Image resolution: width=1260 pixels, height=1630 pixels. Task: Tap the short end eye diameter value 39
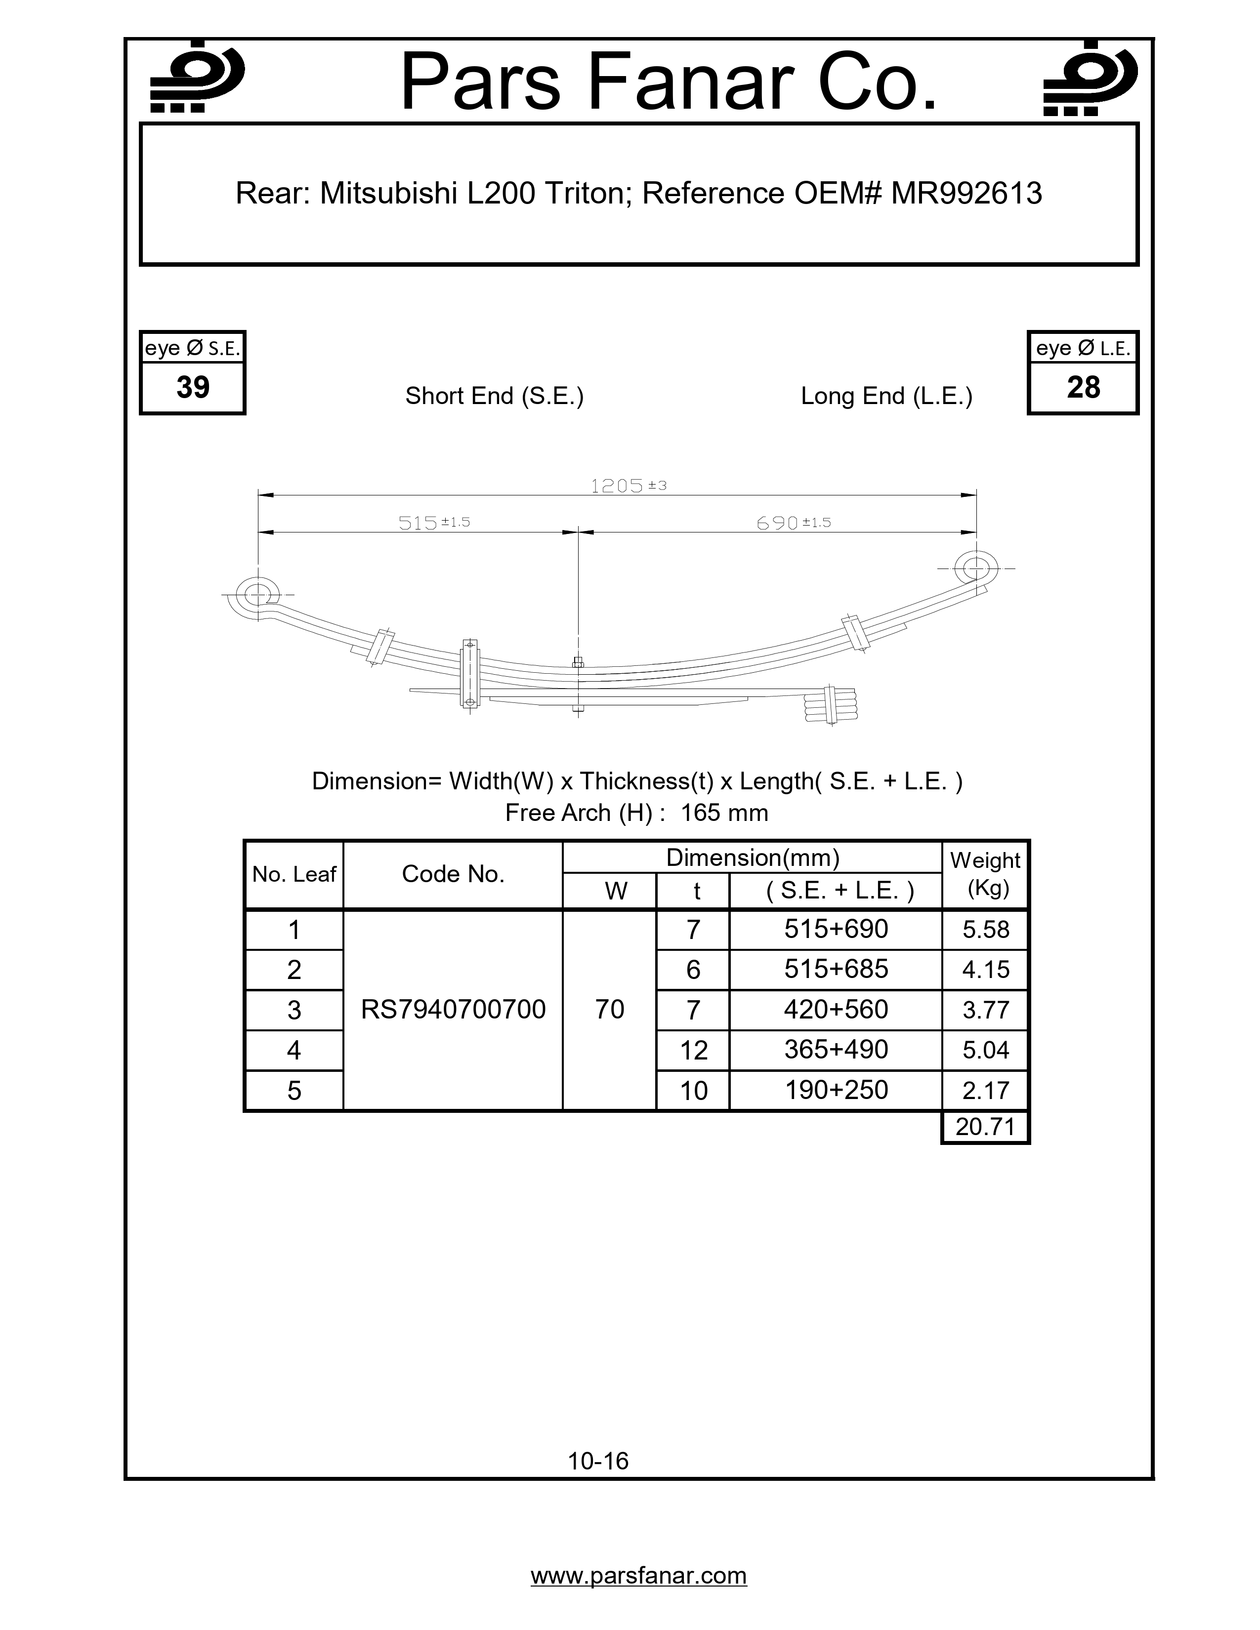(x=193, y=387)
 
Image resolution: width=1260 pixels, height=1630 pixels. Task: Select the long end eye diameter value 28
(x=1083, y=387)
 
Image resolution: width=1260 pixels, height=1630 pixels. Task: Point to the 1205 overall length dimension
(x=617, y=487)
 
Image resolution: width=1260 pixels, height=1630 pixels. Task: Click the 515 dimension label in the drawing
(x=418, y=523)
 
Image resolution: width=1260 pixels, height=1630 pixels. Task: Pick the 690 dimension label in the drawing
(x=778, y=523)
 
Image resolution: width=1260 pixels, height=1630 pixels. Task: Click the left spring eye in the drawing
(x=257, y=595)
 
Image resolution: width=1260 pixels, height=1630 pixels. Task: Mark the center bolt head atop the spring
(x=578, y=661)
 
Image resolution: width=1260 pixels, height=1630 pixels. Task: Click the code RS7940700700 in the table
(x=453, y=1010)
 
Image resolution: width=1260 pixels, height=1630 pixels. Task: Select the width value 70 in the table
(x=610, y=1010)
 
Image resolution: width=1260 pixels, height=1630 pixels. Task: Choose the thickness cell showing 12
(x=693, y=1050)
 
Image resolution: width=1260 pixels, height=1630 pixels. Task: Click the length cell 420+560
(x=836, y=1010)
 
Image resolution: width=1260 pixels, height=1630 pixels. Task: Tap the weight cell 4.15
(x=985, y=970)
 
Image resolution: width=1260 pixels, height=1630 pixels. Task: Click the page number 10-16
(x=598, y=1461)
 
